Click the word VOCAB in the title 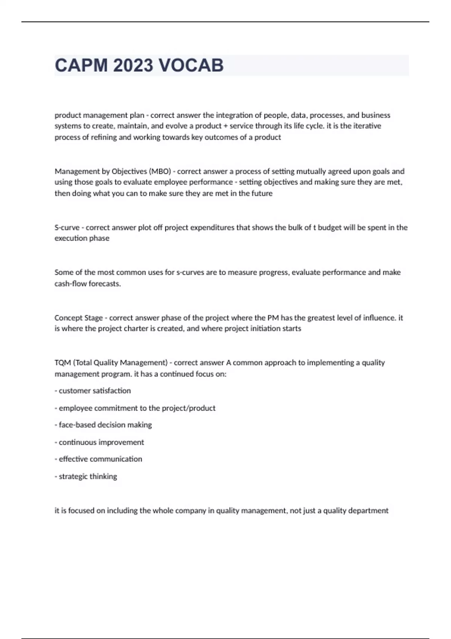click(191, 65)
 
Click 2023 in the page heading click(133, 65)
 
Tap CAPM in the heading click(81, 65)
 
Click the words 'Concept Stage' click(79, 318)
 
